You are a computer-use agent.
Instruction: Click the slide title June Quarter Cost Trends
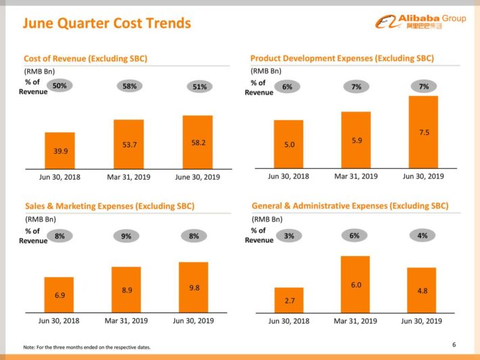coord(107,24)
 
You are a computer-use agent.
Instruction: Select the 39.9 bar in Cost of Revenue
coord(60,150)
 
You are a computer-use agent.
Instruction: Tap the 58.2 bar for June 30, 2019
coord(197,142)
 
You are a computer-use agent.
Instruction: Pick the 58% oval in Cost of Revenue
coord(130,86)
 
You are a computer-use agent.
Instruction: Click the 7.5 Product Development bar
coord(423,132)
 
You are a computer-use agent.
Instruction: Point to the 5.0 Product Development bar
coord(288,144)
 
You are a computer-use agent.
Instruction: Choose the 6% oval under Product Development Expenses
coord(287,86)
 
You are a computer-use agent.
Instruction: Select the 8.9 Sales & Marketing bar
coord(126,289)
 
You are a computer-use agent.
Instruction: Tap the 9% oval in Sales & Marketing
coord(126,236)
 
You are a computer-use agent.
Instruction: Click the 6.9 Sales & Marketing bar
coord(59,294)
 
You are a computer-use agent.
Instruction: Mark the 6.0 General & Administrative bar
coord(355,284)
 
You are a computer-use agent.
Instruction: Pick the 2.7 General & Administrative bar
coord(289,300)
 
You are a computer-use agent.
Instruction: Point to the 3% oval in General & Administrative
coord(289,236)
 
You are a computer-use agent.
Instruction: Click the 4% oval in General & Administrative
coord(423,236)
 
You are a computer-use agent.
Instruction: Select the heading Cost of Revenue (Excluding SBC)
coord(85,59)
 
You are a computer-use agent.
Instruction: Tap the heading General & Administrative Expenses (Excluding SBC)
coord(350,205)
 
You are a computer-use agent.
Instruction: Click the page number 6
coord(454,346)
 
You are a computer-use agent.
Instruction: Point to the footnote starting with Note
coord(87,347)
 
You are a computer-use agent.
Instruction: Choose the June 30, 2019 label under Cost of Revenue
coord(197,176)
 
